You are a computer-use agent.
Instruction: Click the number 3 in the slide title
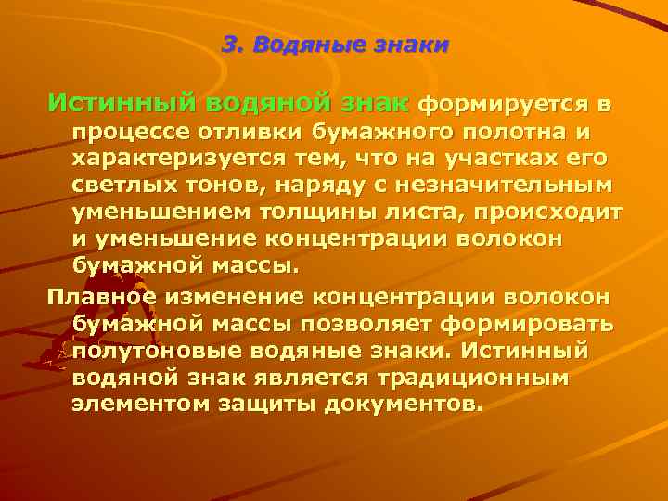point(230,44)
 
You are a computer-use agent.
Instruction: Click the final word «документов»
point(403,406)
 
